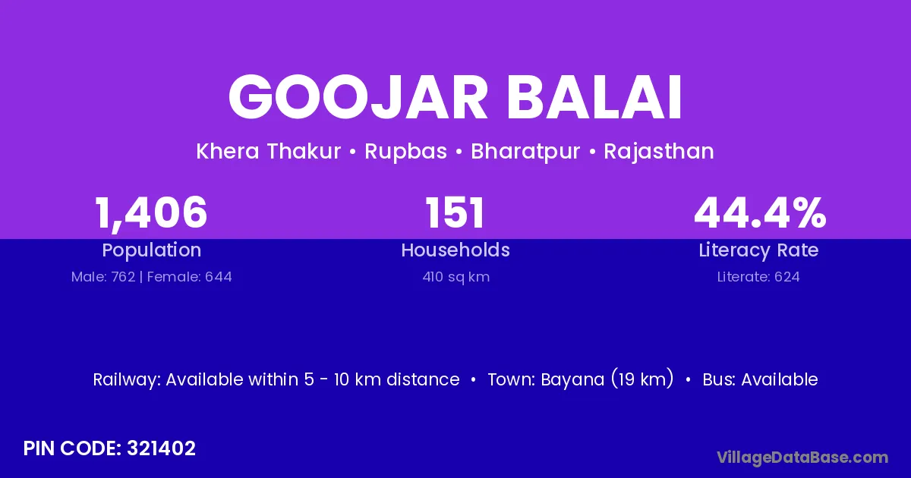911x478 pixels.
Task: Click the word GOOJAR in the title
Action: coord(358,98)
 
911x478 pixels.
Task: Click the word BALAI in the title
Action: coord(594,98)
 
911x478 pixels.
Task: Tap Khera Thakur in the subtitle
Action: coord(269,151)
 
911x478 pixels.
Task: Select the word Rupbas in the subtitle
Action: coord(405,152)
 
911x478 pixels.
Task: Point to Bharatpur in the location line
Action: coord(525,152)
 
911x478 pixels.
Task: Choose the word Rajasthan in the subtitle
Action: coord(659,152)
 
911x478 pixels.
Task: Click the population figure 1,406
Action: coord(151,213)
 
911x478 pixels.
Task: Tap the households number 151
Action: coord(455,212)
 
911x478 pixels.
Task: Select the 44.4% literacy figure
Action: coord(760,212)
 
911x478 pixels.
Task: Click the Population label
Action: coord(152,250)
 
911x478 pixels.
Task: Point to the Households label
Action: coord(455,250)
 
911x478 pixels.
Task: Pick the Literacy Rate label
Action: coord(758,250)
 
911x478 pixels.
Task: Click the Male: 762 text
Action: coord(103,277)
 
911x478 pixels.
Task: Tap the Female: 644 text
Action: coord(189,277)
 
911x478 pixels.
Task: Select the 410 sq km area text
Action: coord(456,277)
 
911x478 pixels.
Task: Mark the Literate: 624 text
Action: coord(758,277)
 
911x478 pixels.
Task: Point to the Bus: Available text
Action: coord(760,379)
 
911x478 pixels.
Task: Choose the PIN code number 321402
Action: coord(161,448)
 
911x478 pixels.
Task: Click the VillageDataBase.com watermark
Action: coord(802,458)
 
